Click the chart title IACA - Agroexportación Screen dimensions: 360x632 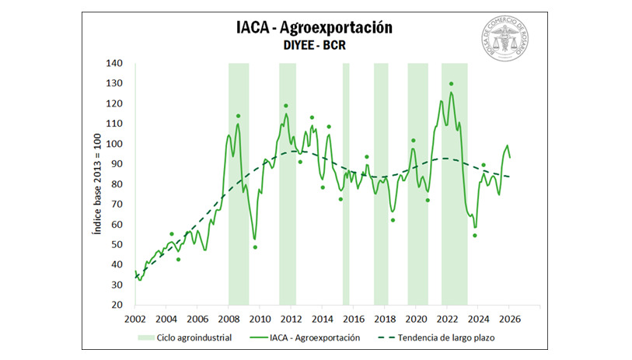[x=315, y=27]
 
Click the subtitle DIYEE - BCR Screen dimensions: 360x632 [x=315, y=46]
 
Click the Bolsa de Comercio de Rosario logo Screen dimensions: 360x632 [x=508, y=40]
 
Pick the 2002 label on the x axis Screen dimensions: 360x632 [x=135, y=319]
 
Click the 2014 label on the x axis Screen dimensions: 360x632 [x=323, y=319]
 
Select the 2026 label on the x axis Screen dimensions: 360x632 [x=510, y=319]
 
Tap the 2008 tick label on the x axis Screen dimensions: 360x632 [x=229, y=319]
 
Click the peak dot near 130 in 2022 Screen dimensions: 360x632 [x=451, y=84]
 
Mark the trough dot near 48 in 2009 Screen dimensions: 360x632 [x=255, y=247]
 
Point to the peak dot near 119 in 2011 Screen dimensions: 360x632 [x=286, y=106]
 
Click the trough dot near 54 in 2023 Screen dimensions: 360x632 [x=474, y=236]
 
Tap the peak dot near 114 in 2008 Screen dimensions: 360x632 [x=238, y=116]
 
